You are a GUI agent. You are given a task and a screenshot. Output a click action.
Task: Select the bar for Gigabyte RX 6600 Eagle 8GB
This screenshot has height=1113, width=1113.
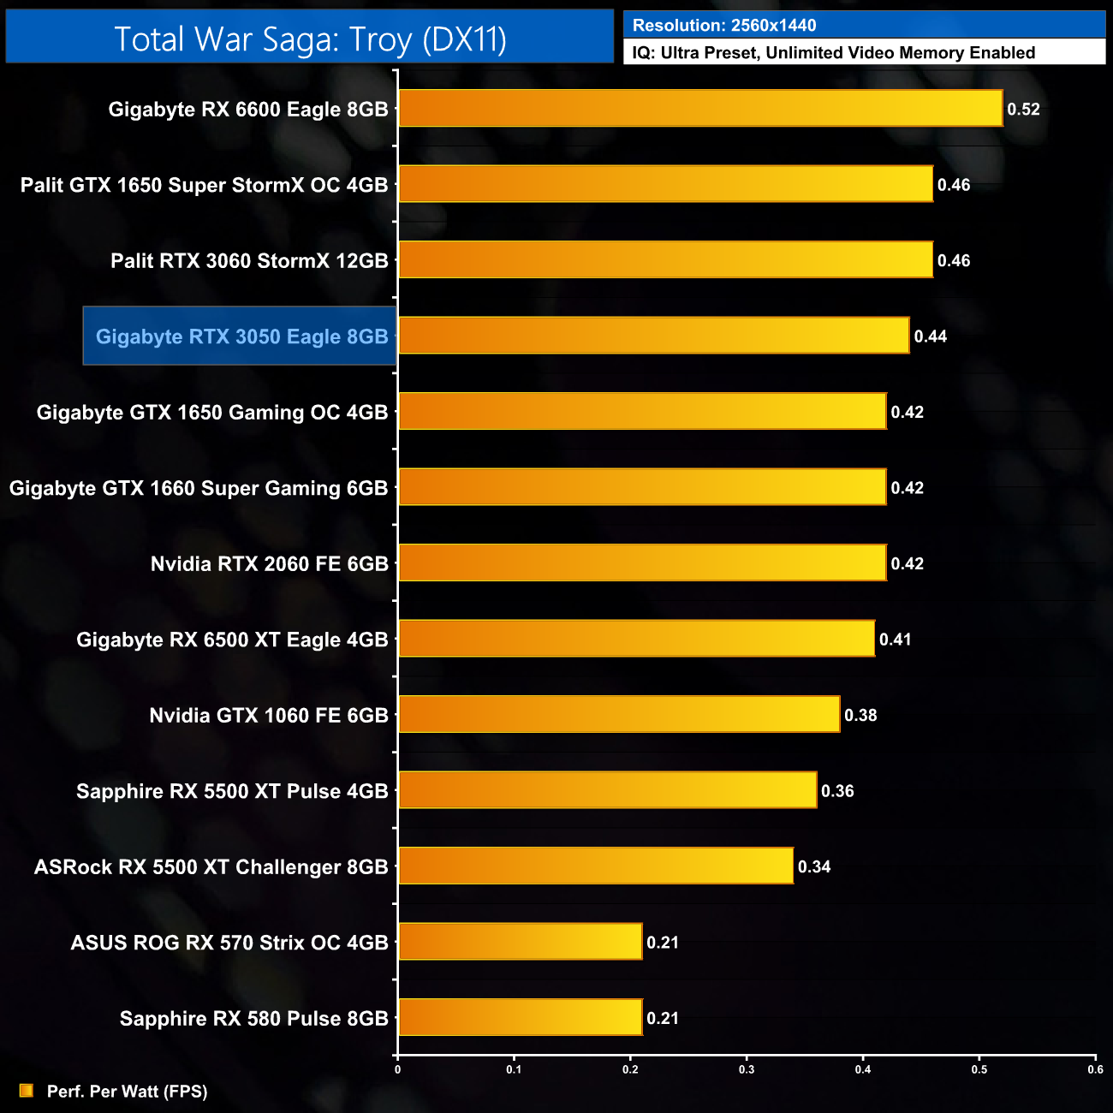[x=700, y=109]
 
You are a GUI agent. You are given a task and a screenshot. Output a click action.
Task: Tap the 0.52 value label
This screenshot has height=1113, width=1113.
[x=1023, y=110]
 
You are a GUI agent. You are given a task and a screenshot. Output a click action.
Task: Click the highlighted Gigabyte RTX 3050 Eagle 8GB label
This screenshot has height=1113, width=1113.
[x=241, y=336]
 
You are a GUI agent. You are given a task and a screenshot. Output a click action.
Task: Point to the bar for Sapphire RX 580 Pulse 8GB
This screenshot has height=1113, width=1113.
[x=520, y=1017]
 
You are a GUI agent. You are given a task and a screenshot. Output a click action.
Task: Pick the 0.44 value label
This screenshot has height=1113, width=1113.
[x=930, y=336]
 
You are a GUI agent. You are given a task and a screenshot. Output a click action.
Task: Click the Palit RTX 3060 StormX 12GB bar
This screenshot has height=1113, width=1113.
[x=665, y=260]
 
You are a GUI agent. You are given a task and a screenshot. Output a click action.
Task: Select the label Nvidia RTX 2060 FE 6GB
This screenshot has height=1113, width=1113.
[x=269, y=564]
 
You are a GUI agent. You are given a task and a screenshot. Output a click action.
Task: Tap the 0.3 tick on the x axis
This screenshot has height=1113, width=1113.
[x=747, y=1069]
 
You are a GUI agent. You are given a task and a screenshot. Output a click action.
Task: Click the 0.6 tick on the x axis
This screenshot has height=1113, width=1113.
[x=1095, y=1069]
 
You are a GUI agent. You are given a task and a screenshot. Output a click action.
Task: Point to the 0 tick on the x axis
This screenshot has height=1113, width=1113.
[x=397, y=1069]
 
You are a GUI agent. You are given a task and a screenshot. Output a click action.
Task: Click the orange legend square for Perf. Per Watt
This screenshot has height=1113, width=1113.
[x=27, y=1091]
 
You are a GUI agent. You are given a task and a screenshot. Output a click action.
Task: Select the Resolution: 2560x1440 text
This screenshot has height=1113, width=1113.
[x=724, y=26]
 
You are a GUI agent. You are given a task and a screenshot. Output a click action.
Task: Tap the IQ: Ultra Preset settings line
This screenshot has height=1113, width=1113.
[x=833, y=53]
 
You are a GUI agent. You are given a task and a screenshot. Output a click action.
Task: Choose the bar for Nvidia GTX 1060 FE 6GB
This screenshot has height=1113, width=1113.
[x=619, y=715]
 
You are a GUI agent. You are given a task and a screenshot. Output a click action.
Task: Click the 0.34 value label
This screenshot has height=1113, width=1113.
[x=813, y=867]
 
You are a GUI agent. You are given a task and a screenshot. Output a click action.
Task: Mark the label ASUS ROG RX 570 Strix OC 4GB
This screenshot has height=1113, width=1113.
[x=229, y=943]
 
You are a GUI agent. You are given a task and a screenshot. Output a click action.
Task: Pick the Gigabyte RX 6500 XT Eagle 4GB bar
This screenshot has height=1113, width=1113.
[x=636, y=639]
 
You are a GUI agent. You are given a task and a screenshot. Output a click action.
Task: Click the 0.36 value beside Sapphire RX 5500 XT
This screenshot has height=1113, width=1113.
[x=836, y=791]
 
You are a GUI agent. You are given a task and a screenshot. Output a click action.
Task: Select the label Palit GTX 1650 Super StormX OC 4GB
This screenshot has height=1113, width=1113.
[x=204, y=185]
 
